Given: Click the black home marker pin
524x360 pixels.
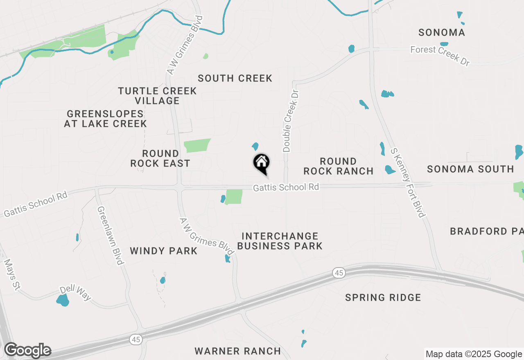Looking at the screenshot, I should point(261,163).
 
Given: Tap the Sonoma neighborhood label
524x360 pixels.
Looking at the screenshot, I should point(442,33).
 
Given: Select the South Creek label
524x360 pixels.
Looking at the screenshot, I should point(235,78).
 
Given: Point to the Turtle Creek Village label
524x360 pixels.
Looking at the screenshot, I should point(158,96).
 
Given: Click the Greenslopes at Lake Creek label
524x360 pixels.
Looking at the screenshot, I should point(105,119).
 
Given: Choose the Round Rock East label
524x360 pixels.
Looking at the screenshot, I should point(160,158).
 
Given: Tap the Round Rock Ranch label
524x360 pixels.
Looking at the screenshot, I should point(339,166).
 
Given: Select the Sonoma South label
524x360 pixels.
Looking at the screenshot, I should point(470,169).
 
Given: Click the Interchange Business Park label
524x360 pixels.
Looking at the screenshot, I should point(280,241).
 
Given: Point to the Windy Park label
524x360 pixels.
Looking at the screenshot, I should point(164,251).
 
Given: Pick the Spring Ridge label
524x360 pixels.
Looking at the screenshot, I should point(383,297).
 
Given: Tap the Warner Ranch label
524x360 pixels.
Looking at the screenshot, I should point(238,351).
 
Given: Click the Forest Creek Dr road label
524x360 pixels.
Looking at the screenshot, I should point(440,55).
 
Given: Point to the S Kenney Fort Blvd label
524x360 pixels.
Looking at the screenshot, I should point(408,182).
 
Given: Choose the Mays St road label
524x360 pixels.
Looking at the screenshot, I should point(11,274).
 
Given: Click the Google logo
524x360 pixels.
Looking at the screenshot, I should point(27,351).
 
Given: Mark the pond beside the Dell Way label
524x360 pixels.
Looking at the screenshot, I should point(63,300).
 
